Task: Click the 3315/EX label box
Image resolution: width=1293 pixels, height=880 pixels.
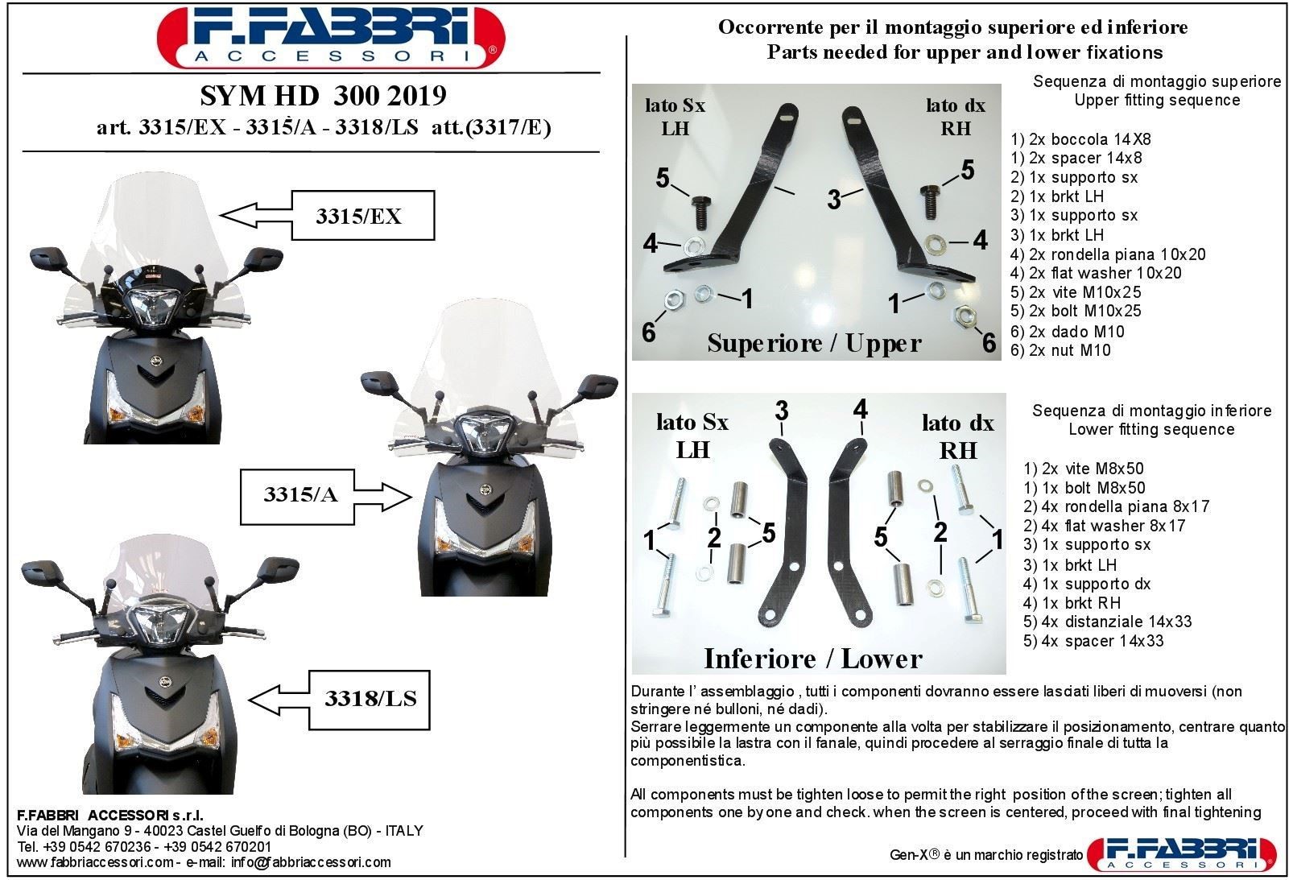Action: click(x=363, y=216)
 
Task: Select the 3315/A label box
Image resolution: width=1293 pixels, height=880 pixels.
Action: click(x=297, y=497)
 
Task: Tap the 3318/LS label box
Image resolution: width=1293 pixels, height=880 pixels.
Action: click(x=370, y=700)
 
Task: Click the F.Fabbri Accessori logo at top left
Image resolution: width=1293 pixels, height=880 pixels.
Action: click(x=331, y=38)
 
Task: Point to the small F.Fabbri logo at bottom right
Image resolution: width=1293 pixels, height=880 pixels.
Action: click(x=1182, y=853)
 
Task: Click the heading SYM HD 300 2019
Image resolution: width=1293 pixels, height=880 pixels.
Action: click(x=324, y=96)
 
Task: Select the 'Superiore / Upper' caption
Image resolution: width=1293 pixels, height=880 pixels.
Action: click(x=814, y=344)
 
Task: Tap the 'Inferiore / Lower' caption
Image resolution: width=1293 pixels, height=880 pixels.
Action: click(x=812, y=659)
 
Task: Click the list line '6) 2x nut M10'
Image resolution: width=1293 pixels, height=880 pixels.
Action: click(x=1060, y=350)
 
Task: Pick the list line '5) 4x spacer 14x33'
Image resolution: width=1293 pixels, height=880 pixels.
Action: click(x=1093, y=641)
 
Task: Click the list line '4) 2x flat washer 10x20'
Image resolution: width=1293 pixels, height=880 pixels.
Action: click(x=1096, y=273)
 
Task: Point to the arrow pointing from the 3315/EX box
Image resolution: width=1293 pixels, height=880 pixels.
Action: click(x=255, y=215)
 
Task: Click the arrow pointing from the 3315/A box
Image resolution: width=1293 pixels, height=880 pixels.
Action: click(x=382, y=497)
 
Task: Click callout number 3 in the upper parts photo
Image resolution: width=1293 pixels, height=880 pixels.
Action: click(x=833, y=200)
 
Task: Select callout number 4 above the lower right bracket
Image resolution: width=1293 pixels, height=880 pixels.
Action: click(x=860, y=409)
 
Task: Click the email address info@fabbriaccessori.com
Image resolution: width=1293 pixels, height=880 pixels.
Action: click(x=311, y=862)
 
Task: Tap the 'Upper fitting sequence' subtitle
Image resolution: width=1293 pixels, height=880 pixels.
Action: click(x=1157, y=100)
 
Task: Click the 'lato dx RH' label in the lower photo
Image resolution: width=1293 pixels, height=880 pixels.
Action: click(x=957, y=436)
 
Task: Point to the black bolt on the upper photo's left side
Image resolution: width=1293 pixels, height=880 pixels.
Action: click(x=700, y=212)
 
